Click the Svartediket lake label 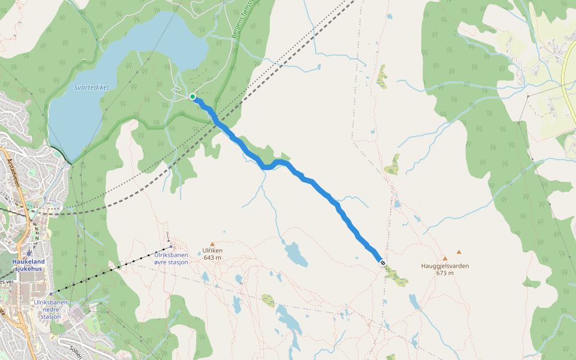click(x=92, y=87)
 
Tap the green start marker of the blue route click(x=193, y=97)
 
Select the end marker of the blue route click(x=382, y=262)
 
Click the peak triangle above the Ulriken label click(x=212, y=244)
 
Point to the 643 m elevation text click(x=212, y=257)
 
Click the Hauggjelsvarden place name click(x=445, y=266)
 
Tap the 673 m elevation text click(x=445, y=273)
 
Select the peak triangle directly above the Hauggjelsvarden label click(x=445, y=258)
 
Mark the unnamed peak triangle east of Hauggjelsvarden click(x=459, y=252)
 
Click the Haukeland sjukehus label click(x=29, y=265)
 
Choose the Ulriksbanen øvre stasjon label click(x=171, y=259)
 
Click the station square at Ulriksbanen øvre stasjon click(x=171, y=246)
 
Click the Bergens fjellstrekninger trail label click(x=243, y=18)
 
